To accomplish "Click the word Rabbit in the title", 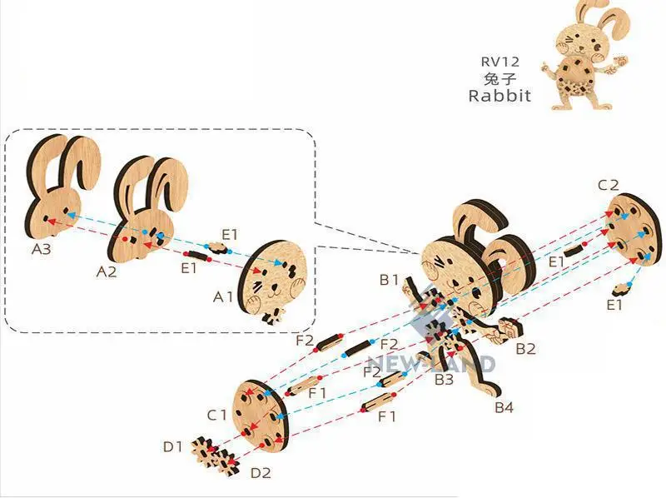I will (499, 95).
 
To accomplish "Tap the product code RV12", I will (499, 62).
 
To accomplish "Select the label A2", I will (107, 271).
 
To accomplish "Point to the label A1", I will (225, 296).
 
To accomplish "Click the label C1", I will (217, 414).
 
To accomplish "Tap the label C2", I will (608, 184).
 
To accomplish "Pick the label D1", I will (172, 446).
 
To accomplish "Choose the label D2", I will (261, 473).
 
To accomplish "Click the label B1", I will (390, 280).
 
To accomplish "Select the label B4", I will (504, 407).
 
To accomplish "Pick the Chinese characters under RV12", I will (499, 78).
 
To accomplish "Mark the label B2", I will (524, 349).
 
